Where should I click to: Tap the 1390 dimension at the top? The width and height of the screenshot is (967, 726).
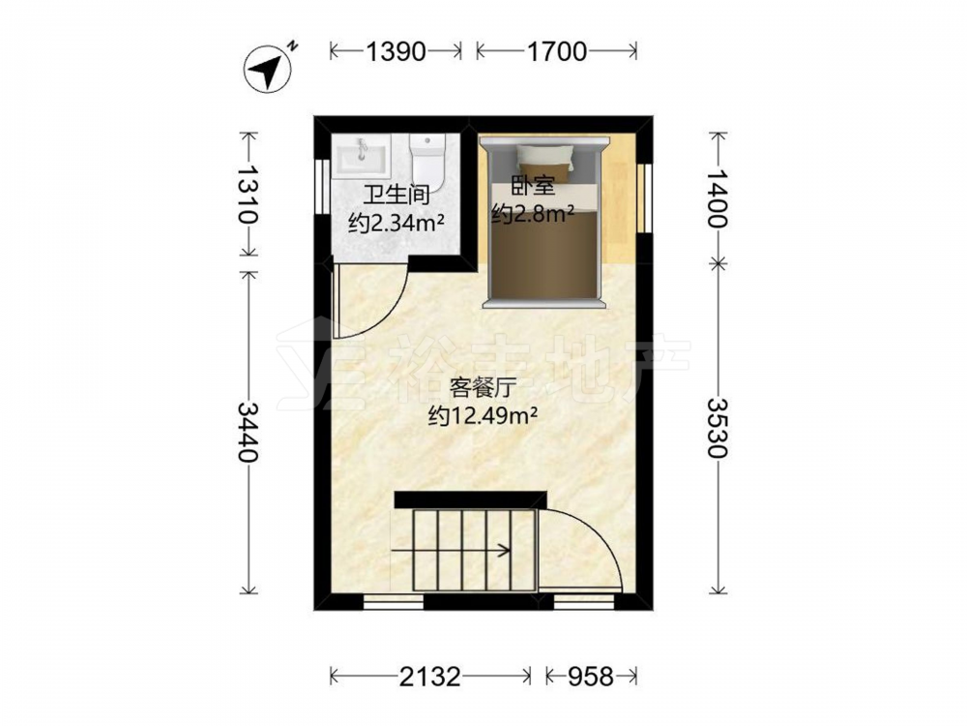click(x=396, y=51)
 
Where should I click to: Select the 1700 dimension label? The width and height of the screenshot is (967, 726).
click(x=556, y=51)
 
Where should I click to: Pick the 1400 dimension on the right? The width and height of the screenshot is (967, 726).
click(x=717, y=197)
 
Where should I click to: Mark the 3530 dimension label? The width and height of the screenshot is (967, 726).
click(x=717, y=428)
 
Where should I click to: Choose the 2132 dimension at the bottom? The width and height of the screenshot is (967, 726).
click(x=430, y=677)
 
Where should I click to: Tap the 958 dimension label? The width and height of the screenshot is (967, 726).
click(x=591, y=677)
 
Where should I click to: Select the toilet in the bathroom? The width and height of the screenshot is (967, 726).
click(x=426, y=164)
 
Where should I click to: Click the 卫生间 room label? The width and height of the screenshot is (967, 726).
click(x=396, y=196)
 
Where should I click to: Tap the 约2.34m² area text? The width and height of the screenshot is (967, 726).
click(x=396, y=223)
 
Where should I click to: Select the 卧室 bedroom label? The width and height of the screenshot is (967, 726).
click(x=533, y=186)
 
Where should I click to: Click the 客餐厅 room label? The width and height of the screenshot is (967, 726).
click(x=483, y=388)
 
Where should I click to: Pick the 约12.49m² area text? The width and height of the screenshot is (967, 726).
click(x=483, y=416)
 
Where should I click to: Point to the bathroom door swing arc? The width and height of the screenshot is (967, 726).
click(x=389, y=313)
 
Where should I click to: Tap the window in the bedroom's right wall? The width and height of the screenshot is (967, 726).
click(x=644, y=197)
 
